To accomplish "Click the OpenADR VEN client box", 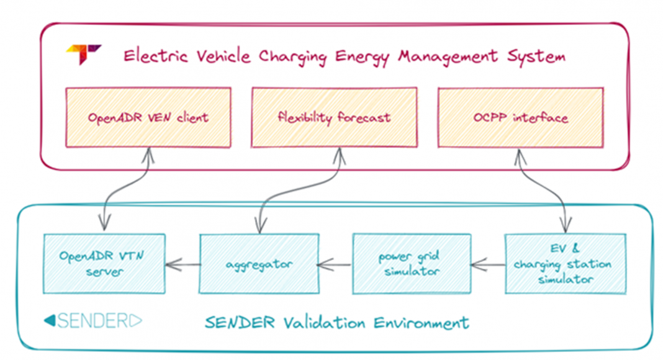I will pos(148,117).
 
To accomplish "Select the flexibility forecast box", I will pos(333,117).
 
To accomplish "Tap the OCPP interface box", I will pos(520,117).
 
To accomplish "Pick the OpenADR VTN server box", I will pos(104,263).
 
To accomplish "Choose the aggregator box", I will pos(258,263).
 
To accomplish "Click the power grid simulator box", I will pos(412,263).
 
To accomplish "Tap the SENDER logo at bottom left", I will pos(92,321).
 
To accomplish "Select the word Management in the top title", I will pos(448,56).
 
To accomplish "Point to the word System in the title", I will pos(534,56).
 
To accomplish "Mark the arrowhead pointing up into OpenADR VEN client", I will pos(148,153).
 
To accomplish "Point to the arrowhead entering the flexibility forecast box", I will pos(340,153).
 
